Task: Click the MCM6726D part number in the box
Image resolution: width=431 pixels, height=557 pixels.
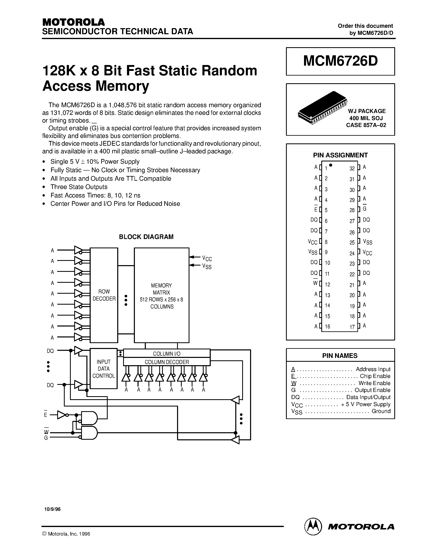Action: click(340, 61)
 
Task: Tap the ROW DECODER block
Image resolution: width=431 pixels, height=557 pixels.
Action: click(104, 295)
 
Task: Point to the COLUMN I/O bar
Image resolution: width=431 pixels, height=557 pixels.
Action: click(167, 354)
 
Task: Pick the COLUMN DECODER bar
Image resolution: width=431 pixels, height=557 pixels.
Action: click(167, 362)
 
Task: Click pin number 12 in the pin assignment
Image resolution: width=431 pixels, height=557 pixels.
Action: click(328, 285)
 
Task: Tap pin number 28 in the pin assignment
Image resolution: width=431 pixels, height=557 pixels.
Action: click(352, 210)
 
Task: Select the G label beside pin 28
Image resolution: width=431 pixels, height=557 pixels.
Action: click(365, 209)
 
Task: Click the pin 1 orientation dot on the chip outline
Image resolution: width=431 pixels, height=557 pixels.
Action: click(331, 165)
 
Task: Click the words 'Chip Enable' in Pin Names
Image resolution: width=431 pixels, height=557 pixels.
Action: click(375, 376)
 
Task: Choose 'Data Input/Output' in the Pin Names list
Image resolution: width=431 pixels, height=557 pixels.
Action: click(368, 397)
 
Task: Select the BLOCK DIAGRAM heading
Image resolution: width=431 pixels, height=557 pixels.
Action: click(146, 237)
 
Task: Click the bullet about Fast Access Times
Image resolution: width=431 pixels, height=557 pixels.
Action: click(95, 195)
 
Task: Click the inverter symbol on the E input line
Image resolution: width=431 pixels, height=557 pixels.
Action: click(62, 415)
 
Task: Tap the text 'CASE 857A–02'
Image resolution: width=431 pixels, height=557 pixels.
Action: click(366, 125)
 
